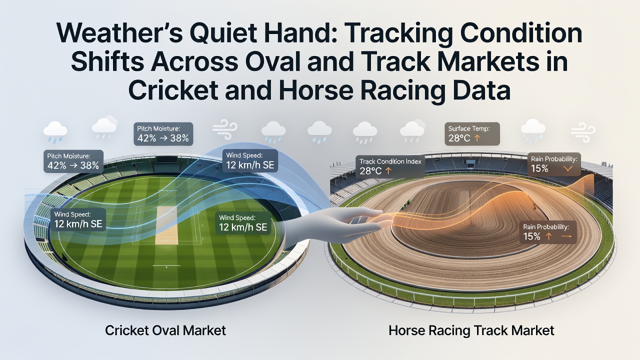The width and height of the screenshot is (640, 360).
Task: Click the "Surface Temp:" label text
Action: click(x=469, y=128)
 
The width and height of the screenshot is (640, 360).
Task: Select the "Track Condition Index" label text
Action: click(x=390, y=161)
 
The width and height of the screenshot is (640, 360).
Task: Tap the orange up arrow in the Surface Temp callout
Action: click(x=476, y=138)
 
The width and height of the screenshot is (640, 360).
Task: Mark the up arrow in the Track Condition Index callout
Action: click(x=387, y=171)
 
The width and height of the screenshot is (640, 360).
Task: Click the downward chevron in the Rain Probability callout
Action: click(x=567, y=169)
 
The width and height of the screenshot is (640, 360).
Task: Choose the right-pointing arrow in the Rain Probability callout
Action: click(x=566, y=236)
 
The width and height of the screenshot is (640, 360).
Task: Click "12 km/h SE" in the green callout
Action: click(x=243, y=227)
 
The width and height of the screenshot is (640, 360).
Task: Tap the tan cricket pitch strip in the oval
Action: click(x=166, y=225)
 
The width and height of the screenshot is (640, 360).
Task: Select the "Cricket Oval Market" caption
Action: click(x=165, y=330)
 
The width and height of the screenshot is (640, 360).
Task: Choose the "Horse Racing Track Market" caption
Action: click(x=471, y=331)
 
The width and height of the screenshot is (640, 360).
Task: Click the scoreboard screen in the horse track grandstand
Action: click(x=469, y=163)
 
